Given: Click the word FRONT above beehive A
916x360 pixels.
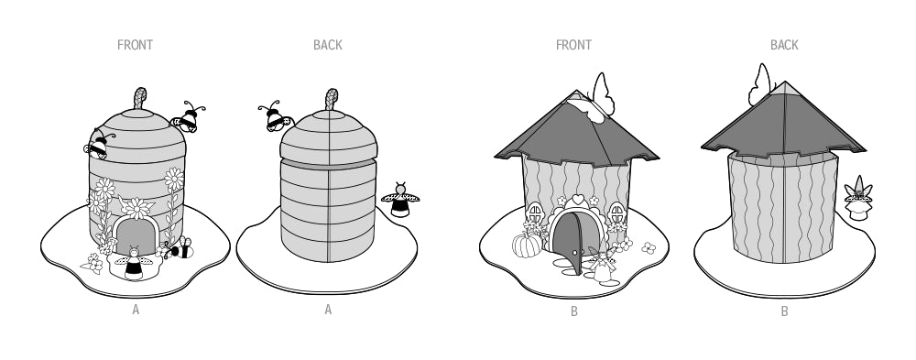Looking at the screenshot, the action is click(x=135, y=45).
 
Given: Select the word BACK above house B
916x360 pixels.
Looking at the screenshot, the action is click(x=784, y=45).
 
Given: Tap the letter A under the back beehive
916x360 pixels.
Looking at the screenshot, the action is click(x=328, y=310).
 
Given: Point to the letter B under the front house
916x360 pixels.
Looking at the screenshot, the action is click(x=574, y=311).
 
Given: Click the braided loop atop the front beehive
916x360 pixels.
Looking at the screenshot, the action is click(x=140, y=98).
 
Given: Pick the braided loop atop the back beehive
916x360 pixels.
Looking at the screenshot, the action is click(x=332, y=99).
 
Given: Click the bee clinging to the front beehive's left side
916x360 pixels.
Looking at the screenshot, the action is click(x=99, y=145).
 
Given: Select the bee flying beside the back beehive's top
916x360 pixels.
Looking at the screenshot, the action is click(x=275, y=116).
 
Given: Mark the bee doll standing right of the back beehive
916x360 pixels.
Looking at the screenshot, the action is click(x=400, y=200).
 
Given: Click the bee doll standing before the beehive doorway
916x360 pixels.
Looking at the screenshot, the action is click(x=134, y=263).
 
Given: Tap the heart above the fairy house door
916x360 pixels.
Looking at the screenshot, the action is click(x=578, y=200).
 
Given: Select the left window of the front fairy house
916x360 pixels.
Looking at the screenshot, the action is click(x=535, y=213).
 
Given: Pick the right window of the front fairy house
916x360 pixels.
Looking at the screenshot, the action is click(x=617, y=213).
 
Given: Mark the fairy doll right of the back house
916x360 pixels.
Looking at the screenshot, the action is click(x=858, y=199).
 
